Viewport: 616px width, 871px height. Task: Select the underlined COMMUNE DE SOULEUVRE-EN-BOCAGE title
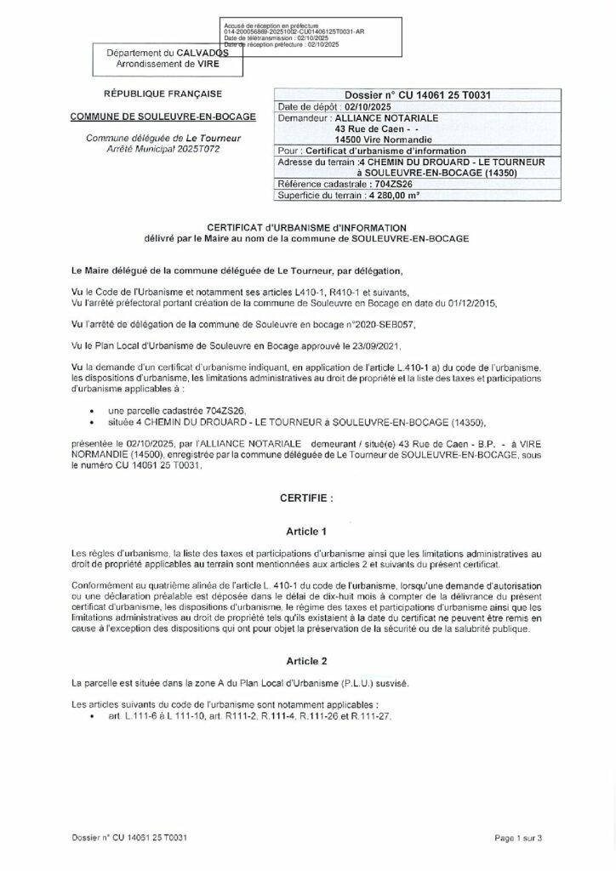pyautogui.click(x=160, y=117)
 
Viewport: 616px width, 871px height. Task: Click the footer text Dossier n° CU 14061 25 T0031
pyautogui.click(x=129, y=838)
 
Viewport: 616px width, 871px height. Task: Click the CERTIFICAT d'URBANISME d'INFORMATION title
pyautogui.click(x=307, y=227)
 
